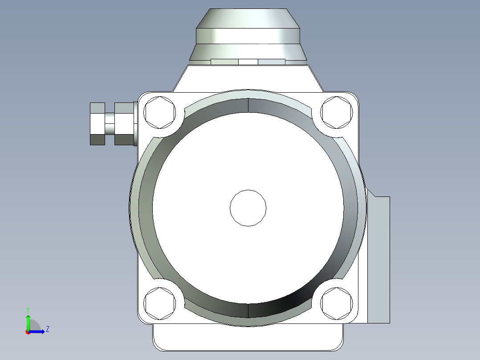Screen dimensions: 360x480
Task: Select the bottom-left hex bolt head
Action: point(159,303)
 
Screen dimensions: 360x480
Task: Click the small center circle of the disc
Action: point(248,208)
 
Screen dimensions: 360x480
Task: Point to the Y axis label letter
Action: point(28,309)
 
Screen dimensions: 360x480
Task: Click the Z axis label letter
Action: point(47,330)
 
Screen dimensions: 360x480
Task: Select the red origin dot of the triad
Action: point(28,332)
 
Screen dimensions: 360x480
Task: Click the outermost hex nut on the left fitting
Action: point(97,123)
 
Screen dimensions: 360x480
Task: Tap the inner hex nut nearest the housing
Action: point(124,123)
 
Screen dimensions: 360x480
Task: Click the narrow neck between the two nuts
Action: point(110,123)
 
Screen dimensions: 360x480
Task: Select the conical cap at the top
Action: point(248,18)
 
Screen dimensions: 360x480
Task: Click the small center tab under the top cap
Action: point(248,62)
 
